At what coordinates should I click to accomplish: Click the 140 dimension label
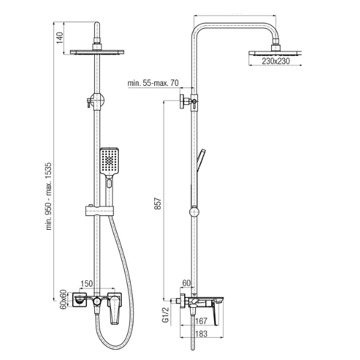(x=59, y=38)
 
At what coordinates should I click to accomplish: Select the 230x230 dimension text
(x=276, y=61)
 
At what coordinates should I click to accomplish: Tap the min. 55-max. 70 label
(x=153, y=83)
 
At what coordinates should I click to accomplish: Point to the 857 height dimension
(x=158, y=203)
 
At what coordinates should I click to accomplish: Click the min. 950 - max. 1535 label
(x=49, y=196)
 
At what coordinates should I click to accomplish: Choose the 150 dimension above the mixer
(x=86, y=284)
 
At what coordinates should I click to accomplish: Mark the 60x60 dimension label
(x=64, y=299)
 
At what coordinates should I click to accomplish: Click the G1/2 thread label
(x=166, y=315)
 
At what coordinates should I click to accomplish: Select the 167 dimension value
(x=202, y=321)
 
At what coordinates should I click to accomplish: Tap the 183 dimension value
(x=202, y=334)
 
